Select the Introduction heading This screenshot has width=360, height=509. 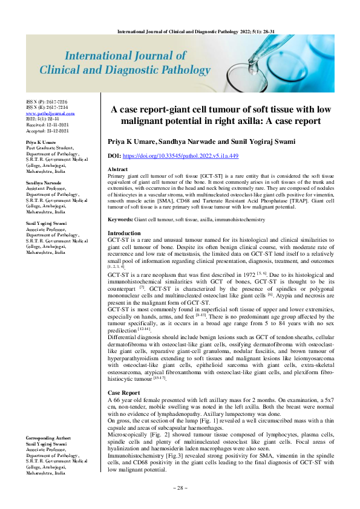pyautogui.click(x=124, y=233)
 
